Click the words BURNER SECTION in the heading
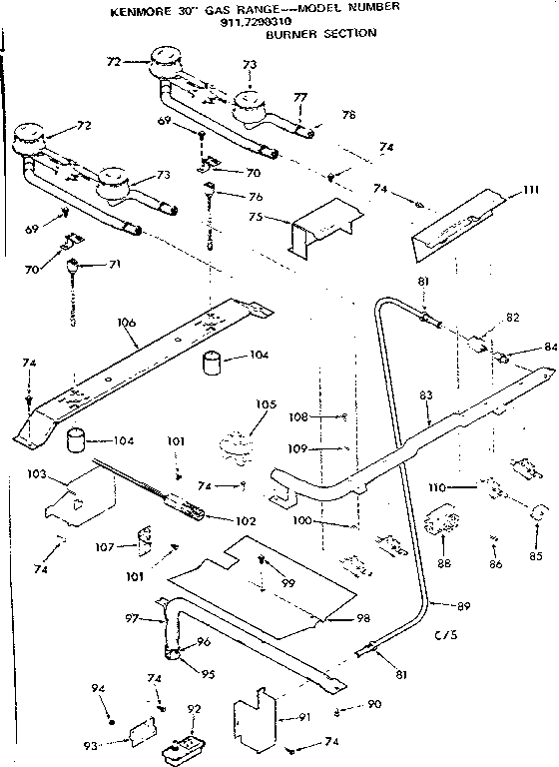pyautogui.click(x=321, y=33)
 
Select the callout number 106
pyautogui.click(x=125, y=323)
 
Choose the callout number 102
pyautogui.click(x=245, y=520)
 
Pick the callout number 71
pyautogui.click(x=90, y=265)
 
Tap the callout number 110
pyautogui.click(x=460, y=485)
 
